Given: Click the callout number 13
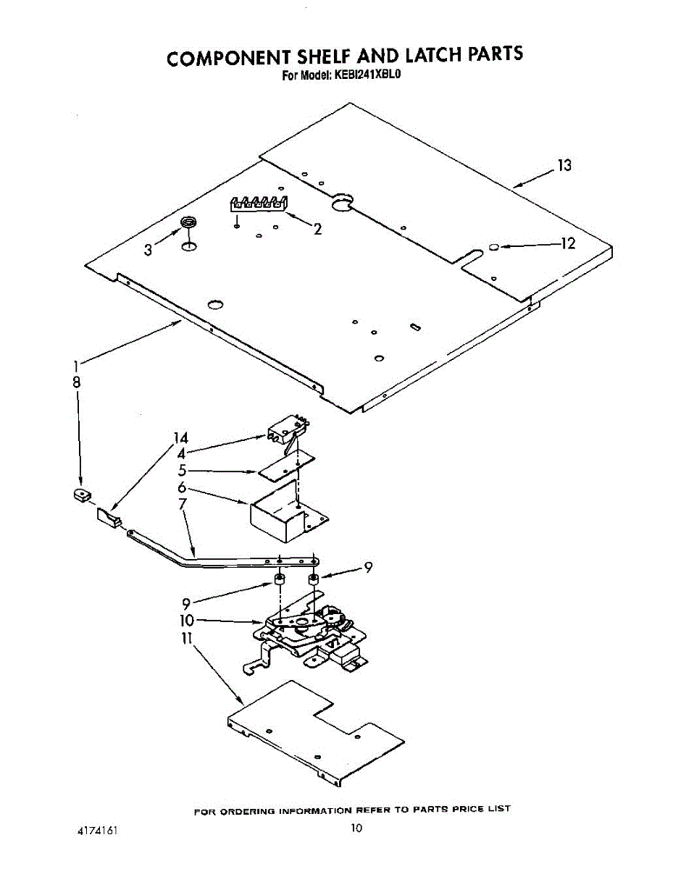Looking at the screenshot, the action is (x=564, y=165).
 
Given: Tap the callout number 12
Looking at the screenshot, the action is (x=567, y=243).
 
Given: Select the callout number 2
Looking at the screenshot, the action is (x=318, y=229).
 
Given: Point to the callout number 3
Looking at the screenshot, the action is (x=149, y=250).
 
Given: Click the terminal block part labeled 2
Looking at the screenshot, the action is (x=259, y=204).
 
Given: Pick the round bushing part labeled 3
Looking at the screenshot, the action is (x=188, y=222).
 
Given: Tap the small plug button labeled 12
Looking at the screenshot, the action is (x=493, y=247).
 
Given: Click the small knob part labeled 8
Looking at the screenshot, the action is (x=82, y=495).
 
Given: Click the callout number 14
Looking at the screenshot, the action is (x=180, y=438).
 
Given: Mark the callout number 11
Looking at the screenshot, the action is (x=186, y=639).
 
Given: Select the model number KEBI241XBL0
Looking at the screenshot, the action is (x=367, y=75).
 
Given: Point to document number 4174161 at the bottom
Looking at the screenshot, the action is (x=97, y=831).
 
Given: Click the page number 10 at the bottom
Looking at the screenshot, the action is (x=356, y=828).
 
